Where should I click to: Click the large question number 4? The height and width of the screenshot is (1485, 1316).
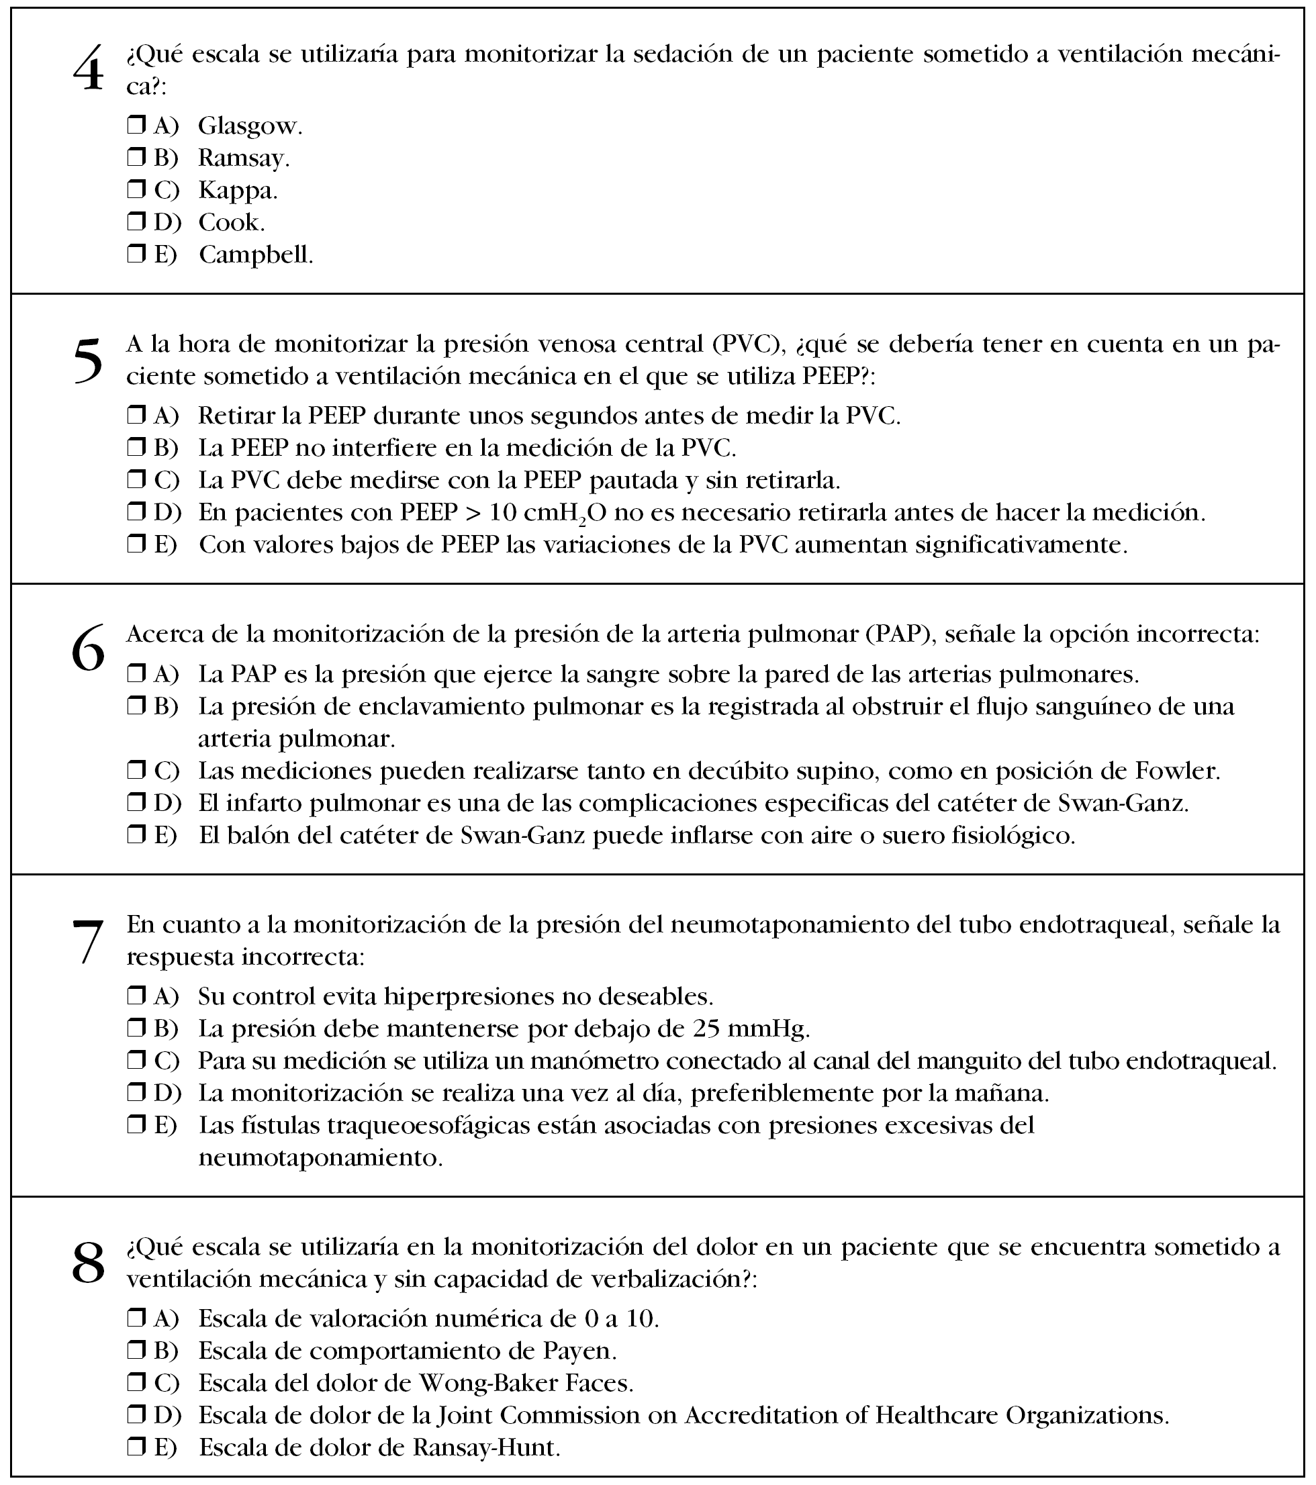[88, 70]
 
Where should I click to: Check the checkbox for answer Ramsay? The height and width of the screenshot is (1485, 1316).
[136, 157]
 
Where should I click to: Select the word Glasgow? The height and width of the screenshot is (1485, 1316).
[249, 126]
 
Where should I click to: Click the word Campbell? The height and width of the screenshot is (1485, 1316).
[255, 254]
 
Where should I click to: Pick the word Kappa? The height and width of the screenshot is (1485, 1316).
[237, 191]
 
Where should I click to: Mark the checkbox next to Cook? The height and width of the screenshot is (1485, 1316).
[136, 221]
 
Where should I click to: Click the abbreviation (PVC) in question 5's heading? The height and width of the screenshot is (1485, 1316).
[749, 344]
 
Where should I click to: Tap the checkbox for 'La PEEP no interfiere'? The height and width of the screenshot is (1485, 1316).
[136, 447]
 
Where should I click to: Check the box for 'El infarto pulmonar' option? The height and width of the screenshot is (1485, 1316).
[136, 802]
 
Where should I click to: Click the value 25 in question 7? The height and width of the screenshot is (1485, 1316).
[706, 1028]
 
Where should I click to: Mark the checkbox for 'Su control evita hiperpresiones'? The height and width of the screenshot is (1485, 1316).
[136, 996]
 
